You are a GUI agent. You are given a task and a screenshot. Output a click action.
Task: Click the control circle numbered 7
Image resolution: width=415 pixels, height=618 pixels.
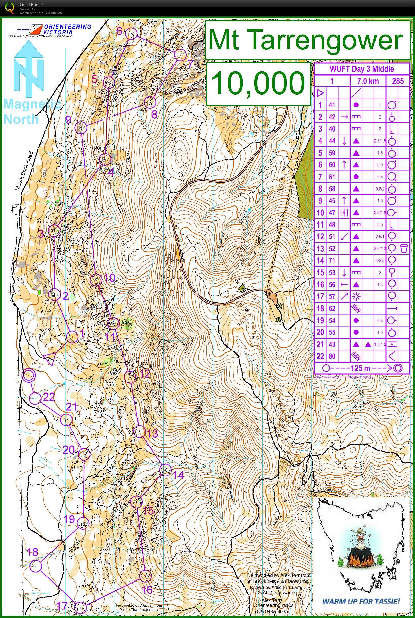tap(181, 54)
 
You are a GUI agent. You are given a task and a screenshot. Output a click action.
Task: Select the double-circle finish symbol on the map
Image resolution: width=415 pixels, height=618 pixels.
tap(29, 376)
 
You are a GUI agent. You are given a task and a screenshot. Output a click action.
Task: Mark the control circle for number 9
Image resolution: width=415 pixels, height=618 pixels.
tap(81, 128)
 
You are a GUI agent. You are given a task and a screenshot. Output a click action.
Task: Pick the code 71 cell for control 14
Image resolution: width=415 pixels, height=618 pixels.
tap(332, 260)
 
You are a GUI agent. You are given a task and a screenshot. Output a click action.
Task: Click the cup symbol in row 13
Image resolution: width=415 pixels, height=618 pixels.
tap(404, 248)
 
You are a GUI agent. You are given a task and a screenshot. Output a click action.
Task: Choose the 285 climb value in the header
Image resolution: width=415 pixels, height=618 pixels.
tap(398, 81)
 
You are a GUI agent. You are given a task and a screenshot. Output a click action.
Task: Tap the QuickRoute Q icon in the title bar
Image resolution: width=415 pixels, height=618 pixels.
tap(10, 7)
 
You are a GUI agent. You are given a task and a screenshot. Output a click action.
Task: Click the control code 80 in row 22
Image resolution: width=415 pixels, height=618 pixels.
tap(332, 356)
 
